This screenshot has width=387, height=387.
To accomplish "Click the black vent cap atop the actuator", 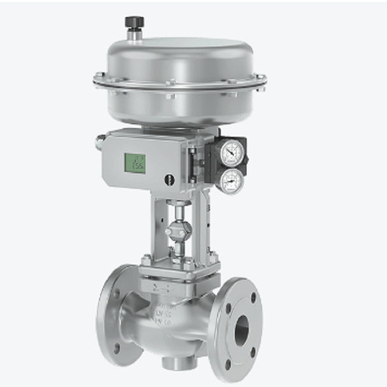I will tap(134, 23).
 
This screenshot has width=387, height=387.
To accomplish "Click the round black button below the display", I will tap(169, 180).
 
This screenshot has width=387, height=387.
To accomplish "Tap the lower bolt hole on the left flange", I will tap(117, 347).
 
